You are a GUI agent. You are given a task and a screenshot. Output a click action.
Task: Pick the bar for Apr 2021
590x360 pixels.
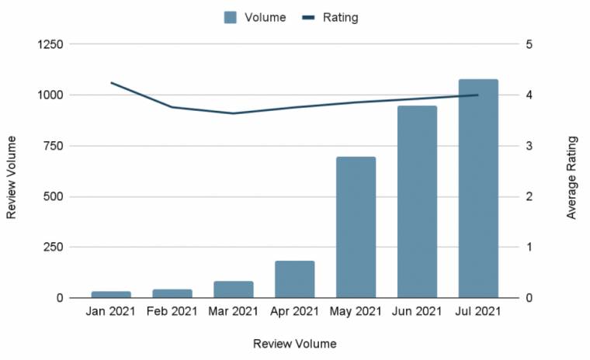click(295, 279)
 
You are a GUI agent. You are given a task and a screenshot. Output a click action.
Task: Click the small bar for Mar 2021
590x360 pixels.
click(234, 289)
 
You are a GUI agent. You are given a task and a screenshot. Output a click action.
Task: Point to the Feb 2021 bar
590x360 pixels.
click(172, 293)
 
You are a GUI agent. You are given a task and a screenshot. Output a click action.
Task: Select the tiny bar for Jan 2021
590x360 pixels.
click(111, 295)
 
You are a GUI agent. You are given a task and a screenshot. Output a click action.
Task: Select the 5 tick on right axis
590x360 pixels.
click(528, 44)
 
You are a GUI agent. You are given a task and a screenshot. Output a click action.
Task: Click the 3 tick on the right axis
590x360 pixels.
click(528, 146)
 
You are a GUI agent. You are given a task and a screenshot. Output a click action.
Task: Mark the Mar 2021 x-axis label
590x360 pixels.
click(234, 312)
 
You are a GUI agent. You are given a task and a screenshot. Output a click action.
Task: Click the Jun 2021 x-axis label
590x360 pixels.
click(417, 312)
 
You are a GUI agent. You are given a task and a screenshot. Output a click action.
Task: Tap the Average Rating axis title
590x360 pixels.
click(571, 177)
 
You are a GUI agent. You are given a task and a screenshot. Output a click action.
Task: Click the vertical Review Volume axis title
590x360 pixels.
click(12, 177)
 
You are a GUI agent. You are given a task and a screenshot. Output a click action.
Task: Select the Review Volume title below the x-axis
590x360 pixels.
click(295, 342)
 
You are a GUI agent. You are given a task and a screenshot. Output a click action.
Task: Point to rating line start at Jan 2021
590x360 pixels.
click(112, 82)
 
